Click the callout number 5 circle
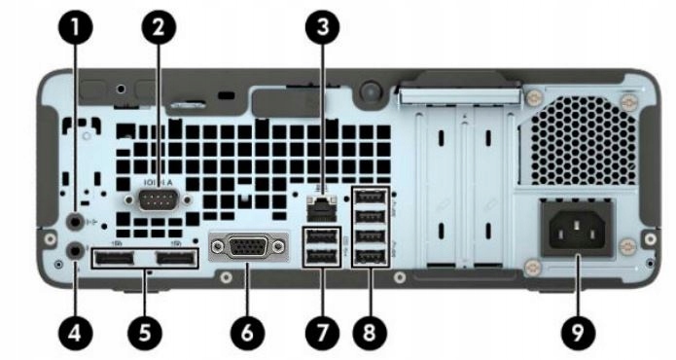point(147,331)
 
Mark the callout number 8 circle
point(371,331)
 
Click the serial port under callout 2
point(158,199)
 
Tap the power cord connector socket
point(574,233)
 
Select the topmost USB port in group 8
point(371,198)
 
